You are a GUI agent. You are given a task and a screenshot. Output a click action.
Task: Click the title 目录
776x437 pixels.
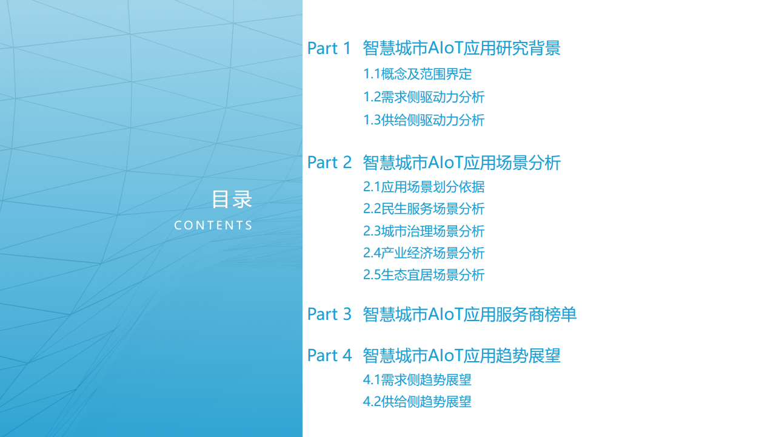[232, 199]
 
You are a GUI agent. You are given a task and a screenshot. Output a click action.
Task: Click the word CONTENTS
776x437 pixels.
[213, 225]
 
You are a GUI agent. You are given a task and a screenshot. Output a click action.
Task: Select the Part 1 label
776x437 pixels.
[329, 49]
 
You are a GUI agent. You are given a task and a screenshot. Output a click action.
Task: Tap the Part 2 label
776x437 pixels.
[329, 163]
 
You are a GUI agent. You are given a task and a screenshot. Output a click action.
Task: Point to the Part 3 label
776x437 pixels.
[329, 314]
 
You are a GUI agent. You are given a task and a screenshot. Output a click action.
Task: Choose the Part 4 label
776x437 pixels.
[329, 356]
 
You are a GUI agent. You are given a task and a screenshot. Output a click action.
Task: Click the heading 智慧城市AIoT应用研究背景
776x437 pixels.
[461, 49]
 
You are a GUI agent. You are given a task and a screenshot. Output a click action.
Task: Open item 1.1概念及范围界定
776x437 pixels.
[417, 75]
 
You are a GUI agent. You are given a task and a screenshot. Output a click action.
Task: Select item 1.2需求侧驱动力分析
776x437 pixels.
[424, 97]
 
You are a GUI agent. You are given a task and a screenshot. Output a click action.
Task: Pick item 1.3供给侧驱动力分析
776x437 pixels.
[424, 120]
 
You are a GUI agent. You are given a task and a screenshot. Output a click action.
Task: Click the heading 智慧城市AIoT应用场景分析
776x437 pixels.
[461, 163]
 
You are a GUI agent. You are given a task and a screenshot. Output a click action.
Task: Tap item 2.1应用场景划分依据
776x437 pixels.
[424, 187]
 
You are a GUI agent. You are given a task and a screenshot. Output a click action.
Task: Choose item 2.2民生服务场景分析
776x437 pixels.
[424, 209]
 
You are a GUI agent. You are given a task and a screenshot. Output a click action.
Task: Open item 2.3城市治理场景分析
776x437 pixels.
[424, 231]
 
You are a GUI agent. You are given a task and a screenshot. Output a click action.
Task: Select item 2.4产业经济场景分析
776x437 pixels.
[424, 253]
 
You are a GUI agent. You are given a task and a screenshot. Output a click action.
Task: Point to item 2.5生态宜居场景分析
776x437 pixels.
[424, 275]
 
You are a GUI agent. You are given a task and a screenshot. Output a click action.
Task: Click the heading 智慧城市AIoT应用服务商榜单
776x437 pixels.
[469, 314]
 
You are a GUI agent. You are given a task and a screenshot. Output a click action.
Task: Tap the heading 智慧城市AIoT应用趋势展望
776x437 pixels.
[461, 356]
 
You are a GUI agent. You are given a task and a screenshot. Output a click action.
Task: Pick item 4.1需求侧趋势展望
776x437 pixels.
[417, 381]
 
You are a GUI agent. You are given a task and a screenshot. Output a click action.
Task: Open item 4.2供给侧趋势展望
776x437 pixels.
[417, 402]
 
